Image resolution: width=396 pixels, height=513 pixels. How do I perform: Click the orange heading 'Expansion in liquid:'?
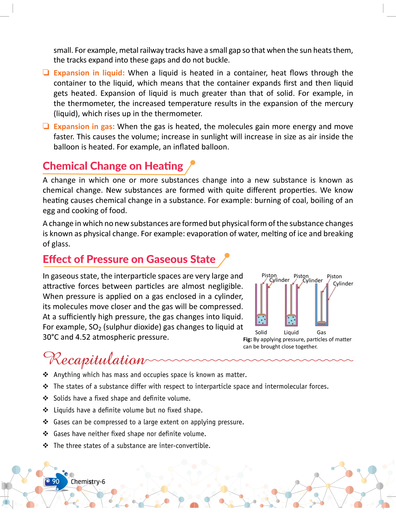point(89,73)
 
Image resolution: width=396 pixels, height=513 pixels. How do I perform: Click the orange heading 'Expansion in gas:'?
point(84,127)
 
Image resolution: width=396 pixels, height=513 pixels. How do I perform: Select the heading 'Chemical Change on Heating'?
point(113,166)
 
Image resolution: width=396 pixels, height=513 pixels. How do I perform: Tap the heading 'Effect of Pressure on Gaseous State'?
point(129,259)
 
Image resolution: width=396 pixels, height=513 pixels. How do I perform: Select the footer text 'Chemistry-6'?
point(88,482)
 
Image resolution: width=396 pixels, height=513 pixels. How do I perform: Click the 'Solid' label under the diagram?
point(261,332)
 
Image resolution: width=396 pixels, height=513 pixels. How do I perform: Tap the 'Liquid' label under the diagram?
point(291,332)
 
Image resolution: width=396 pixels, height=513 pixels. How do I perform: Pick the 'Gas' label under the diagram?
point(321,332)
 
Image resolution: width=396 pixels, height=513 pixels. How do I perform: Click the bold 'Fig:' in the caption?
point(247,339)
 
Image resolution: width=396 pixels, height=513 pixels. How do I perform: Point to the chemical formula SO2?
point(95,327)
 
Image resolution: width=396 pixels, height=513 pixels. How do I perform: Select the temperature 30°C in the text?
point(50,337)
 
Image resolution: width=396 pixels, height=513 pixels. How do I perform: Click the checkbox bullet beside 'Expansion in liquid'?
point(46,73)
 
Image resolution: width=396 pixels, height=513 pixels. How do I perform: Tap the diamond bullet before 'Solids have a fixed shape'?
point(46,398)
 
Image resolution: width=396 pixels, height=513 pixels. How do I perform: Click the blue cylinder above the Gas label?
point(327,304)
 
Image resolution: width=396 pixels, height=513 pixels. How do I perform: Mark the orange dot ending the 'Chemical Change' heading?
point(193,162)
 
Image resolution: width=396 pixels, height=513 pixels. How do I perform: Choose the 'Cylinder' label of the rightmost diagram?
point(343,284)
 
